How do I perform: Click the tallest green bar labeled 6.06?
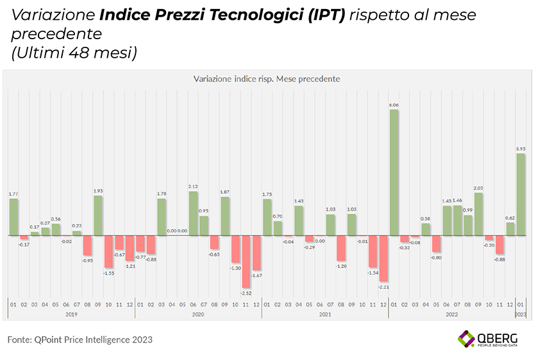pos(394,172)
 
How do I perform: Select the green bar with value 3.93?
pos(521,194)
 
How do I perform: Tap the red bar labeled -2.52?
pos(246,261)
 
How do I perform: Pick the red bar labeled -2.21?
pos(383,258)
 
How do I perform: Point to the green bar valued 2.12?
pos(193,213)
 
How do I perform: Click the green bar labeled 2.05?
pos(478,214)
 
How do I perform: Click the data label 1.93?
pos(98,191)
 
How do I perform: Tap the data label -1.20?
pos(341,266)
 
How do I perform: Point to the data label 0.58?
pos(426,219)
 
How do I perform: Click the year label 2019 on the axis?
pos(71,314)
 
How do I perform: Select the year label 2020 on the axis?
pos(198,314)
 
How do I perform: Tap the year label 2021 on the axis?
pos(325,314)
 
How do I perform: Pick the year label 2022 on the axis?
pos(452,314)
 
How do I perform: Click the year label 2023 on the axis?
pos(521,314)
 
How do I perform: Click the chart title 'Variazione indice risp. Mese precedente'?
pos(266,79)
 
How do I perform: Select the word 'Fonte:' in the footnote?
pos(19,339)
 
